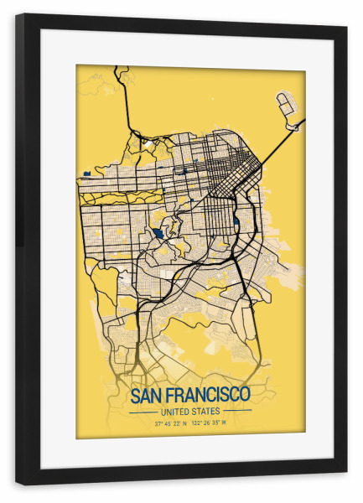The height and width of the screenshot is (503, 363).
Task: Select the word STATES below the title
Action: click(206, 411)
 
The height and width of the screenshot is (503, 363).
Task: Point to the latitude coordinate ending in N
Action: click(171, 423)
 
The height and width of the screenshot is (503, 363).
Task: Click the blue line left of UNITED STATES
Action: click(143, 412)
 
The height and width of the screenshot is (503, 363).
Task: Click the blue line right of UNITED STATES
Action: click(238, 412)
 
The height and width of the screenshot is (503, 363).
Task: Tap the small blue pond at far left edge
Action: click(86, 174)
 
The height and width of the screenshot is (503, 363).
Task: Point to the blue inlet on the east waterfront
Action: click(237, 223)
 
